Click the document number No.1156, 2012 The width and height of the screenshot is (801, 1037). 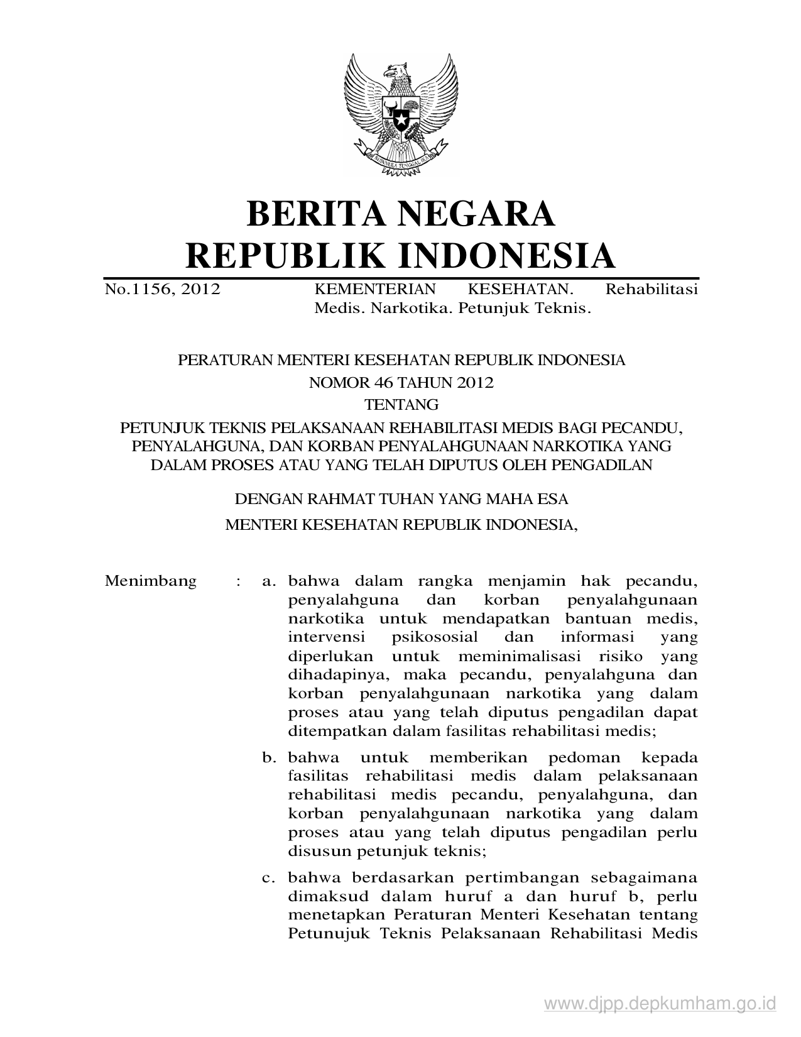coord(162,289)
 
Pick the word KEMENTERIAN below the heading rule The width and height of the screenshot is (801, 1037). coord(374,289)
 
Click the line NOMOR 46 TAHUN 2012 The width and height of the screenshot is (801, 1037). coord(401,383)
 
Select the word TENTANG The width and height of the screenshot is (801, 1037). coord(401,403)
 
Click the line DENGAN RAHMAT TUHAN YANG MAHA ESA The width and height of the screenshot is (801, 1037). coord(401,500)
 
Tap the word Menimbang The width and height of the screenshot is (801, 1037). coord(151,581)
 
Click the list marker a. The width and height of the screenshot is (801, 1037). coord(270,581)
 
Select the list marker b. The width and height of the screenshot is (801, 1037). coord(270,757)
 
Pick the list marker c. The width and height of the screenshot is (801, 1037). coord(270,877)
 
